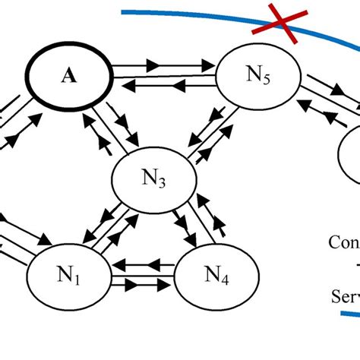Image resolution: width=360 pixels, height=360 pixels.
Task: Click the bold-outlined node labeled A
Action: pos(68,75)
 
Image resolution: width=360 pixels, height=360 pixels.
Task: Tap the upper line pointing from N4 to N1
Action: pos(144,267)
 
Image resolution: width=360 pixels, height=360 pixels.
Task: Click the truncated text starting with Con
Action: pos(343,243)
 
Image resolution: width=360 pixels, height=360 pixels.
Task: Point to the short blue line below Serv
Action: pos(349,312)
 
